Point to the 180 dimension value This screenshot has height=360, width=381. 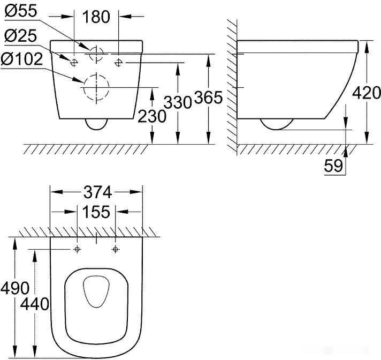click(x=97, y=17)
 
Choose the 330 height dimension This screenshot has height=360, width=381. click(x=177, y=102)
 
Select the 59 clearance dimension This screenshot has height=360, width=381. click(x=334, y=166)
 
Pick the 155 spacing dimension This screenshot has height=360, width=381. click(x=96, y=212)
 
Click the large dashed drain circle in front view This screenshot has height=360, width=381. click(x=96, y=87)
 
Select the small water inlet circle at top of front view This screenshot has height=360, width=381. click(x=96, y=54)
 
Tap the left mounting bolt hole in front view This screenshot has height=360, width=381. click(x=74, y=61)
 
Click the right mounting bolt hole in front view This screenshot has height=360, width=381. click(x=119, y=61)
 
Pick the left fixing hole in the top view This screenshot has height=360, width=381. click(x=78, y=250)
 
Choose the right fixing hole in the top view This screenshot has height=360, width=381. click(x=115, y=250)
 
